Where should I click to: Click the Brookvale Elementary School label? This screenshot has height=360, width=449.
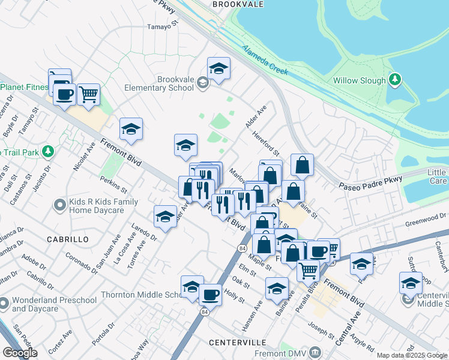(x=166, y=83)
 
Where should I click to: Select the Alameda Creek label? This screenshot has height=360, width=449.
(x=265, y=61)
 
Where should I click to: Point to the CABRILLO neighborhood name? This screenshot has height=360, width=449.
(x=68, y=239)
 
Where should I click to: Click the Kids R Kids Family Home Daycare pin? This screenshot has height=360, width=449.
(x=59, y=206)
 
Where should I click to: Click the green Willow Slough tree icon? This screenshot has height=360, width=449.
(x=394, y=79)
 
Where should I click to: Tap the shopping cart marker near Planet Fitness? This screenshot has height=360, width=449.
(x=88, y=94)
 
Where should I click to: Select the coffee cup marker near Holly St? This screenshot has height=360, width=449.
(x=210, y=295)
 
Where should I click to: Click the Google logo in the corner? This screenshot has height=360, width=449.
(x=20, y=353)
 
